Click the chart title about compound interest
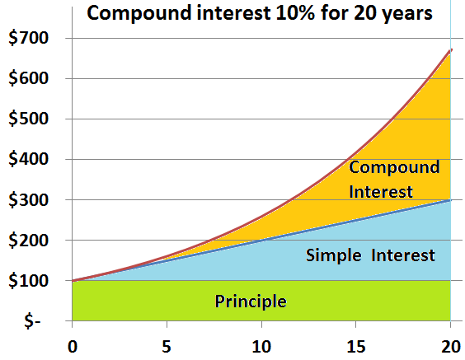pyautogui.click(x=260, y=14)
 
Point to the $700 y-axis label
pyautogui.click(x=29, y=38)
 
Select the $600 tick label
pyautogui.click(x=29, y=78)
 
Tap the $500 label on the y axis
pyautogui.click(x=29, y=119)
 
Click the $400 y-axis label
pyautogui.click(x=29, y=159)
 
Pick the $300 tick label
pyautogui.click(x=29, y=199)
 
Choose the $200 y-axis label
pyautogui.click(x=29, y=240)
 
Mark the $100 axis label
pyautogui.click(x=29, y=281)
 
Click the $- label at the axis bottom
pyautogui.click(x=32, y=321)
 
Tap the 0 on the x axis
pyautogui.click(x=73, y=346)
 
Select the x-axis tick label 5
pyautogui.click(x=167, y=346)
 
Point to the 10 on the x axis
pyautogui.click(x=261, y=346)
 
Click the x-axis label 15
pyautogui.click(x=356, y=346)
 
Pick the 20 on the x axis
pyautogui.click(x=451, y=346)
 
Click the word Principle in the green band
pyautogui.click(x=251, y=302)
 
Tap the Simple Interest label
pyautogui.click(x=370, y=255)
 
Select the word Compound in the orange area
pyautogui.click(x=394, y=168)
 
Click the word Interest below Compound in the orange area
pyautogui.click(x=381, y=191)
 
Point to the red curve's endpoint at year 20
pyautogui.click(x=451, y=49)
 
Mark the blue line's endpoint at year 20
pyautogui.click(x=450, y=200)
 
